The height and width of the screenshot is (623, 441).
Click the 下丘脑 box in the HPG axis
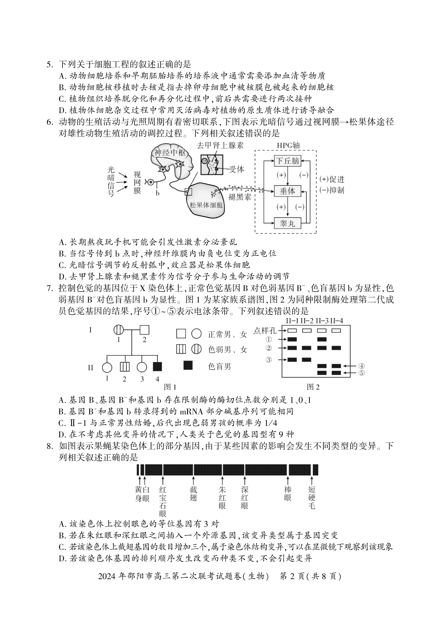[287, 161]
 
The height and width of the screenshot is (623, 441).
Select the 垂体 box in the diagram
[287, 191]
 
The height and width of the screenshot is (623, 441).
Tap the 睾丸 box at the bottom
[287, 223]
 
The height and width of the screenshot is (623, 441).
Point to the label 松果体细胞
[206, 205]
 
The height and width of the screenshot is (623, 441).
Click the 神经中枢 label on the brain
[170, 153]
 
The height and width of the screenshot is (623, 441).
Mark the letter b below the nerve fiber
[158, 193]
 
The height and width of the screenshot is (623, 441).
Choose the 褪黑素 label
[240, 197]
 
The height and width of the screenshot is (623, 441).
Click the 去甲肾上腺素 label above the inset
[220, 145]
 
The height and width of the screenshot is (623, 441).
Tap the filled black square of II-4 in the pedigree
[158, 367]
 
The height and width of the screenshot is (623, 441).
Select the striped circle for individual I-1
[119, 330]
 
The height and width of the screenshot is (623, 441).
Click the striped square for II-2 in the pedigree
[125, 367]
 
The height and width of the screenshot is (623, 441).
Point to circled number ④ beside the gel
[361, 366]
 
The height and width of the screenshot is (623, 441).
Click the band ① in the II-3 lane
[322, 339]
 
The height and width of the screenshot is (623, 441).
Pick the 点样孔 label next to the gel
[265, 331]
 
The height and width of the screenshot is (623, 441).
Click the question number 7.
[49, 288]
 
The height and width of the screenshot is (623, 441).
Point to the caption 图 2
[313, 387]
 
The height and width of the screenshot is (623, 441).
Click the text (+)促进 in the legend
[331, 179]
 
